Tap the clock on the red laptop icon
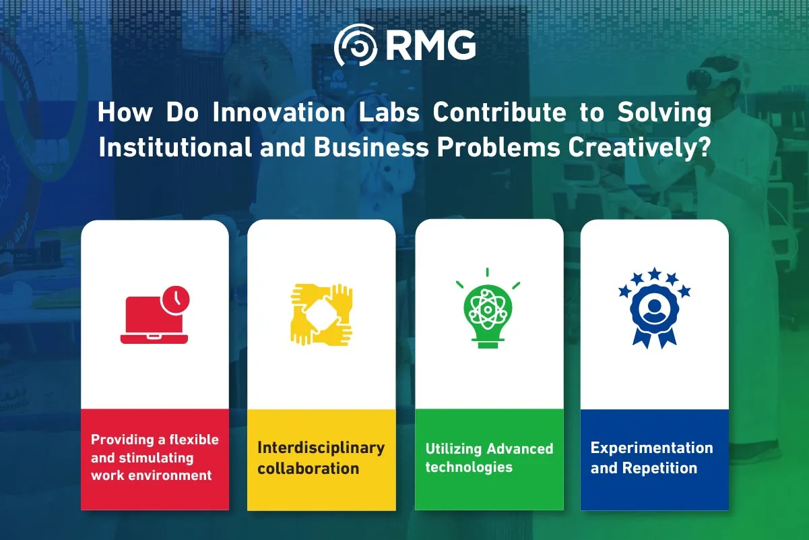175,299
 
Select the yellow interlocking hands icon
321,314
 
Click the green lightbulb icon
488,313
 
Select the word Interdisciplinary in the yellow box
321,448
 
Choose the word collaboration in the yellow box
308,469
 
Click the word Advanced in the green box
520,449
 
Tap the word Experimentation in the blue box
651,448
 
